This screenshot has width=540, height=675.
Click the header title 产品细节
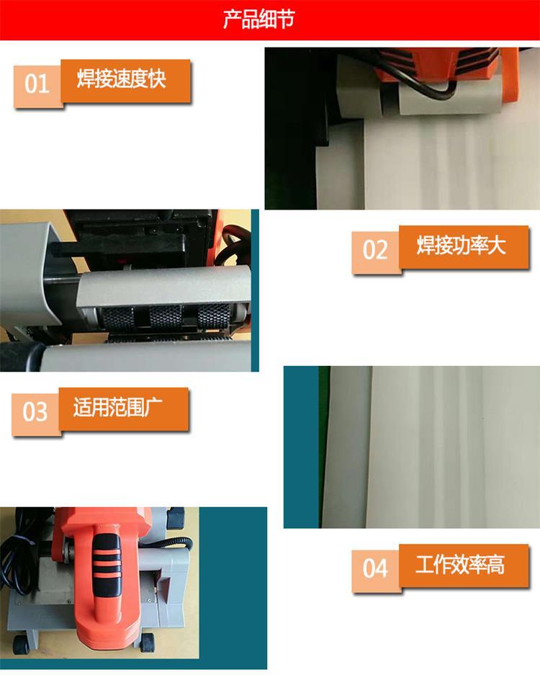[x=258, y=19]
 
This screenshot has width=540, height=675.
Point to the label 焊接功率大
[x=461, y=245]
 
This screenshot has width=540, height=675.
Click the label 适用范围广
[x=118, y=407]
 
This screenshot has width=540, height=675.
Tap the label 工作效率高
[x=460, y=564]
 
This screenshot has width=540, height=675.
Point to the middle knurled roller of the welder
[x=166, y=318]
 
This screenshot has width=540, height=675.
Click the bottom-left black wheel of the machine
[x=21, y=644]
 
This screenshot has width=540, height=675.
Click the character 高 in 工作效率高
[x=496, y=564]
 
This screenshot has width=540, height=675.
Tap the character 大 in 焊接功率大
[x=497, y=245]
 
